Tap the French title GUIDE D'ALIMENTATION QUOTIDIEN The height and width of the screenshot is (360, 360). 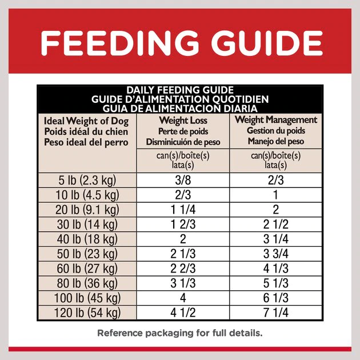(179, 99)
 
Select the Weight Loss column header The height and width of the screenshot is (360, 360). (183, 121)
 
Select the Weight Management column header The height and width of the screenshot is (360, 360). (275, 120)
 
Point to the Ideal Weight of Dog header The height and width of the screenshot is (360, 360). (86, 121)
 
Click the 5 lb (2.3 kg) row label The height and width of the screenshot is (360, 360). (89, 181)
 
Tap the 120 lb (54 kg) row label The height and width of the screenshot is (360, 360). (89, 313)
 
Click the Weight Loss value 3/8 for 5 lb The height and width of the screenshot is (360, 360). (183, 181)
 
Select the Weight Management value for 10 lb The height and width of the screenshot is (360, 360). (275, 194)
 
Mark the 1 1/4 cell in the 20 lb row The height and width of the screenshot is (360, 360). (183, 209)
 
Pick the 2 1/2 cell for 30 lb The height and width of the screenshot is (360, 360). (275, 223)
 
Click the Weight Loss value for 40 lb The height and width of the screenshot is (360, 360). (183, 239)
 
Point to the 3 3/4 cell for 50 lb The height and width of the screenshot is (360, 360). (275, 254)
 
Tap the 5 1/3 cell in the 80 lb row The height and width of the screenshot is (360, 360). (275, 283)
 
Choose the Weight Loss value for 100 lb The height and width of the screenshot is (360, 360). (183, 298)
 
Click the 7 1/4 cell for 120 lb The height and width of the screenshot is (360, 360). (275, 313)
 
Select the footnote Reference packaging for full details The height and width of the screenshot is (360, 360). (179, 333)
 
